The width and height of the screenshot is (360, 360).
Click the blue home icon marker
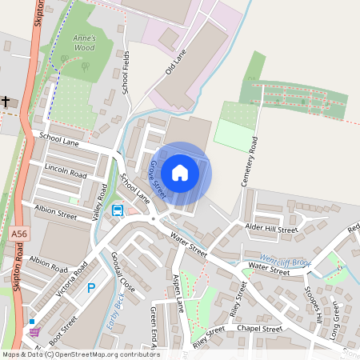click(x=180, y=172)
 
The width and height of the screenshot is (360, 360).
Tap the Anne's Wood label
click(x=83, y=42)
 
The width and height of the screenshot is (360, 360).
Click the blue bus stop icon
click(x=118, y=211)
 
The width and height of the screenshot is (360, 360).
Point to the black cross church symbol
click(x=6, y=102)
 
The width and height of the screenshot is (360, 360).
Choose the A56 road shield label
click(x=19, y=233)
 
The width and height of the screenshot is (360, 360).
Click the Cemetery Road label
click(x=249, y=162)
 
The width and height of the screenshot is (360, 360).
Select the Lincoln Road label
click(x=66, y=172)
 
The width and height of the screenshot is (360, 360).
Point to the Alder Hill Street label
click(x=272, y=230)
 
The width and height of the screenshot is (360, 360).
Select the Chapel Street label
click(x=260, y=328)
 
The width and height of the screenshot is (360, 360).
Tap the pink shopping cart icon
click(x=34, y=331)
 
